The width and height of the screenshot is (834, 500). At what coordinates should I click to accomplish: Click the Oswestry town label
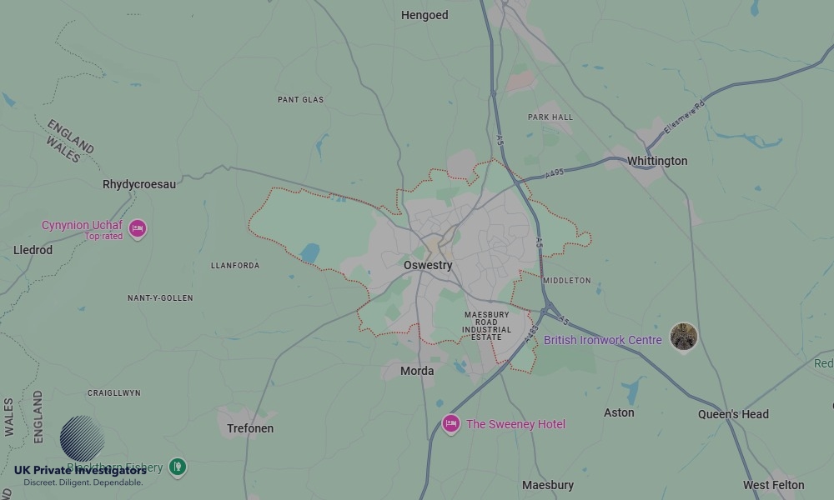tap(428, 266)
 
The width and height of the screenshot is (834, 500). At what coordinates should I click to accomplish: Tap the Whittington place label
tap(657, 161)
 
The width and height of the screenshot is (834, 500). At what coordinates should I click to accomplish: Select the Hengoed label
tap(425, 15)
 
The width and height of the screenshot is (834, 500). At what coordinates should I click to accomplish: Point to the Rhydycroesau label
tap(139, 184)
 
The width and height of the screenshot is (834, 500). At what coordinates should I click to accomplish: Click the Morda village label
tap(417, 371)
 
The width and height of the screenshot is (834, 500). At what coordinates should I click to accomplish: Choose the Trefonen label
tap(250, 428)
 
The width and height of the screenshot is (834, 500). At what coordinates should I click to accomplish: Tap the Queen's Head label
tap(733, 414)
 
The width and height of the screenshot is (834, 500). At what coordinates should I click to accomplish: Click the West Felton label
tap(774, 485)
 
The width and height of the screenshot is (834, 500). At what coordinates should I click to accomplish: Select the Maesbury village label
tap(548, 485)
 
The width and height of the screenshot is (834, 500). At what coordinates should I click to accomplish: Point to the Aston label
tap(619, 412)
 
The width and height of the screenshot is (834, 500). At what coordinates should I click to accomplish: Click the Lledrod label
tap(33, 250)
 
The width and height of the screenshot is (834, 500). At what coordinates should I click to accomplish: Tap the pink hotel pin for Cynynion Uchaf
tap(138, 227)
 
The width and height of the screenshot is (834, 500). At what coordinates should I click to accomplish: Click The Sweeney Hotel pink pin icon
tap(451, 424)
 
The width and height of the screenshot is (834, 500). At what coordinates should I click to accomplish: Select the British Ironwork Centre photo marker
tap(684, 337)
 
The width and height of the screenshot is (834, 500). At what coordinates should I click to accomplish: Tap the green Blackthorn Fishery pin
tap(177, 467)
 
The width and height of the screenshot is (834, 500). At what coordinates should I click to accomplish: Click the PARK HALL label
tap(550, 117)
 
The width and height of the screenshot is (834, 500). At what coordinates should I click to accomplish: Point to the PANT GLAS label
tap(300, 100)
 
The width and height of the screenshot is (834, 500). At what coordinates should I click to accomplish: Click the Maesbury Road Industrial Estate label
tap(486, 326)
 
